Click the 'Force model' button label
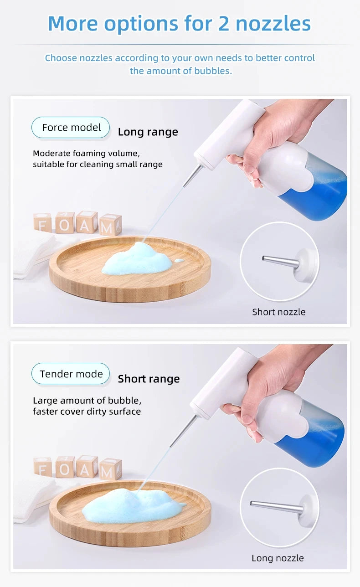click(71, 128)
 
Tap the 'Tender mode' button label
click(71, 374)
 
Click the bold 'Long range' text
click(148, 132)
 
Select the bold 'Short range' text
click(149, 379)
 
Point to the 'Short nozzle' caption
click(278, 312)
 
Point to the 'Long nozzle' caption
click(278, 558)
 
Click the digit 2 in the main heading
click(224, 23)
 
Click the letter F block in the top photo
click(42, 223)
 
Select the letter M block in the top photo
click(110, 225)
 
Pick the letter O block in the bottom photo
click(65, 467)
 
